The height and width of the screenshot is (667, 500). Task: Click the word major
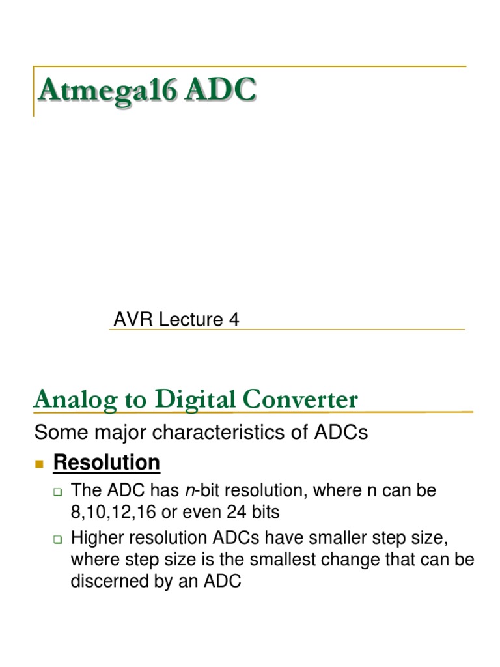pyautogui.click(x=109, y=433)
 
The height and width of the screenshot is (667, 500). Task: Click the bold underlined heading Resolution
pyautogui.click(x=107, y=462)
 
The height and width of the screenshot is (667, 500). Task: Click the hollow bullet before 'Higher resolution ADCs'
pyautogui.click(x=57, y=539)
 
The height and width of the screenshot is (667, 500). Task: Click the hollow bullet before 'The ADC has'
pyautogui.click(x=57, y=492)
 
